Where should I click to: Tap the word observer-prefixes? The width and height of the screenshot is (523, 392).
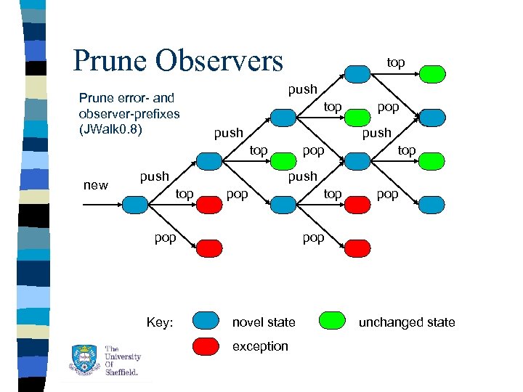(x=129, y=114)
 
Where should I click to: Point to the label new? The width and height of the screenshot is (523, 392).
(x=95, y=185)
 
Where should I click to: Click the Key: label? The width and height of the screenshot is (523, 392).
(x=159, y=322)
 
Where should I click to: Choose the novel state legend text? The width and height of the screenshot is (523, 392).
(x=264, y=322)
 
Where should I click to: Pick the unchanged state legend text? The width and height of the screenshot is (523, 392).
(x=406, y=322)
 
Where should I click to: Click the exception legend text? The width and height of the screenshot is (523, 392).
(x=259, y=346)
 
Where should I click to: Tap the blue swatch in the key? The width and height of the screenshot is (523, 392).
(x=206, y=320)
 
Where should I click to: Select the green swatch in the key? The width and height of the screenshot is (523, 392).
(x=333, y=320)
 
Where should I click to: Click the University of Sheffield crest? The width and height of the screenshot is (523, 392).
(x=83, y=360)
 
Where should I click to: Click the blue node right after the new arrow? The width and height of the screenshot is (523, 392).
(x=135, y=205)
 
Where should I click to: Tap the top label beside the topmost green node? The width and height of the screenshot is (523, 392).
(x=395, y=63)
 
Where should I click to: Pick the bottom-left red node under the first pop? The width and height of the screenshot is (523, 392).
(x=208, y=249)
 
